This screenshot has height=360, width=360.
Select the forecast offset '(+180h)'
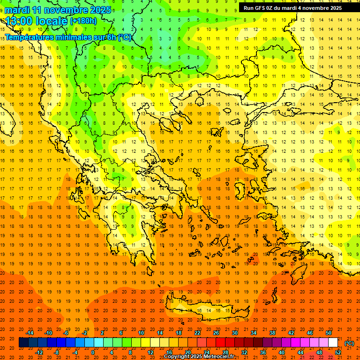[83, 21]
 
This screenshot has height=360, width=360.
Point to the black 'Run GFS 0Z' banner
[299, 7]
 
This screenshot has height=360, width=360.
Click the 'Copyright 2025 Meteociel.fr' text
[199, 357]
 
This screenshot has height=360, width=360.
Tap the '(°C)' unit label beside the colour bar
[349, 343]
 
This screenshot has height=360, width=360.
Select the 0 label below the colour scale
[93, 352]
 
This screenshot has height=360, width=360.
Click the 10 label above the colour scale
[141, 333]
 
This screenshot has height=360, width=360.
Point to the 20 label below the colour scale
[187, 352]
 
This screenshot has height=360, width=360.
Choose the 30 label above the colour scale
[235, 333]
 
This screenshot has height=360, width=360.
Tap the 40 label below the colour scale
[281, 352]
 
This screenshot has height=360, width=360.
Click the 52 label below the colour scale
[337, 352]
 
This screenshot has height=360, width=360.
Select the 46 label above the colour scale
[310, 333]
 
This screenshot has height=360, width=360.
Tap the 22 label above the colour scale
[197, 333]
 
